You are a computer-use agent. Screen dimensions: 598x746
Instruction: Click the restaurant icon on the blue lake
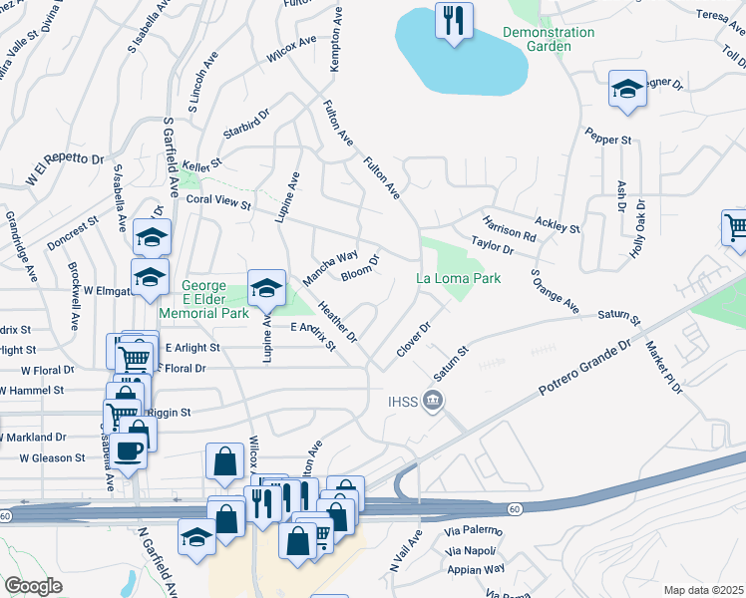[x=455, y=20]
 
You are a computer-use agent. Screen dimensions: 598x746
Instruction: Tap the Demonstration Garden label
[x=549, y=39]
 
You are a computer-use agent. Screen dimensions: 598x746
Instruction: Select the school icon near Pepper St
[x=625, y=89]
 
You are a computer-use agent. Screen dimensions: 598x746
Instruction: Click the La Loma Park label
[x=457, y=278]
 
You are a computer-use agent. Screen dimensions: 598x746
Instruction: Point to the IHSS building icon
[x=433, y=402]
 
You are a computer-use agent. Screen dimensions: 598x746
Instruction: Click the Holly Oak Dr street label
[x=638, y=231]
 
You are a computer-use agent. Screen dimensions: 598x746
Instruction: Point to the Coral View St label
[x=218, y=201]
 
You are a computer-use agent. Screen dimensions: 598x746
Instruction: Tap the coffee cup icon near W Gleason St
[x=128, y=450]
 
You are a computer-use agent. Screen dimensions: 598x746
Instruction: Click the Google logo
[x=33, y=586]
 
